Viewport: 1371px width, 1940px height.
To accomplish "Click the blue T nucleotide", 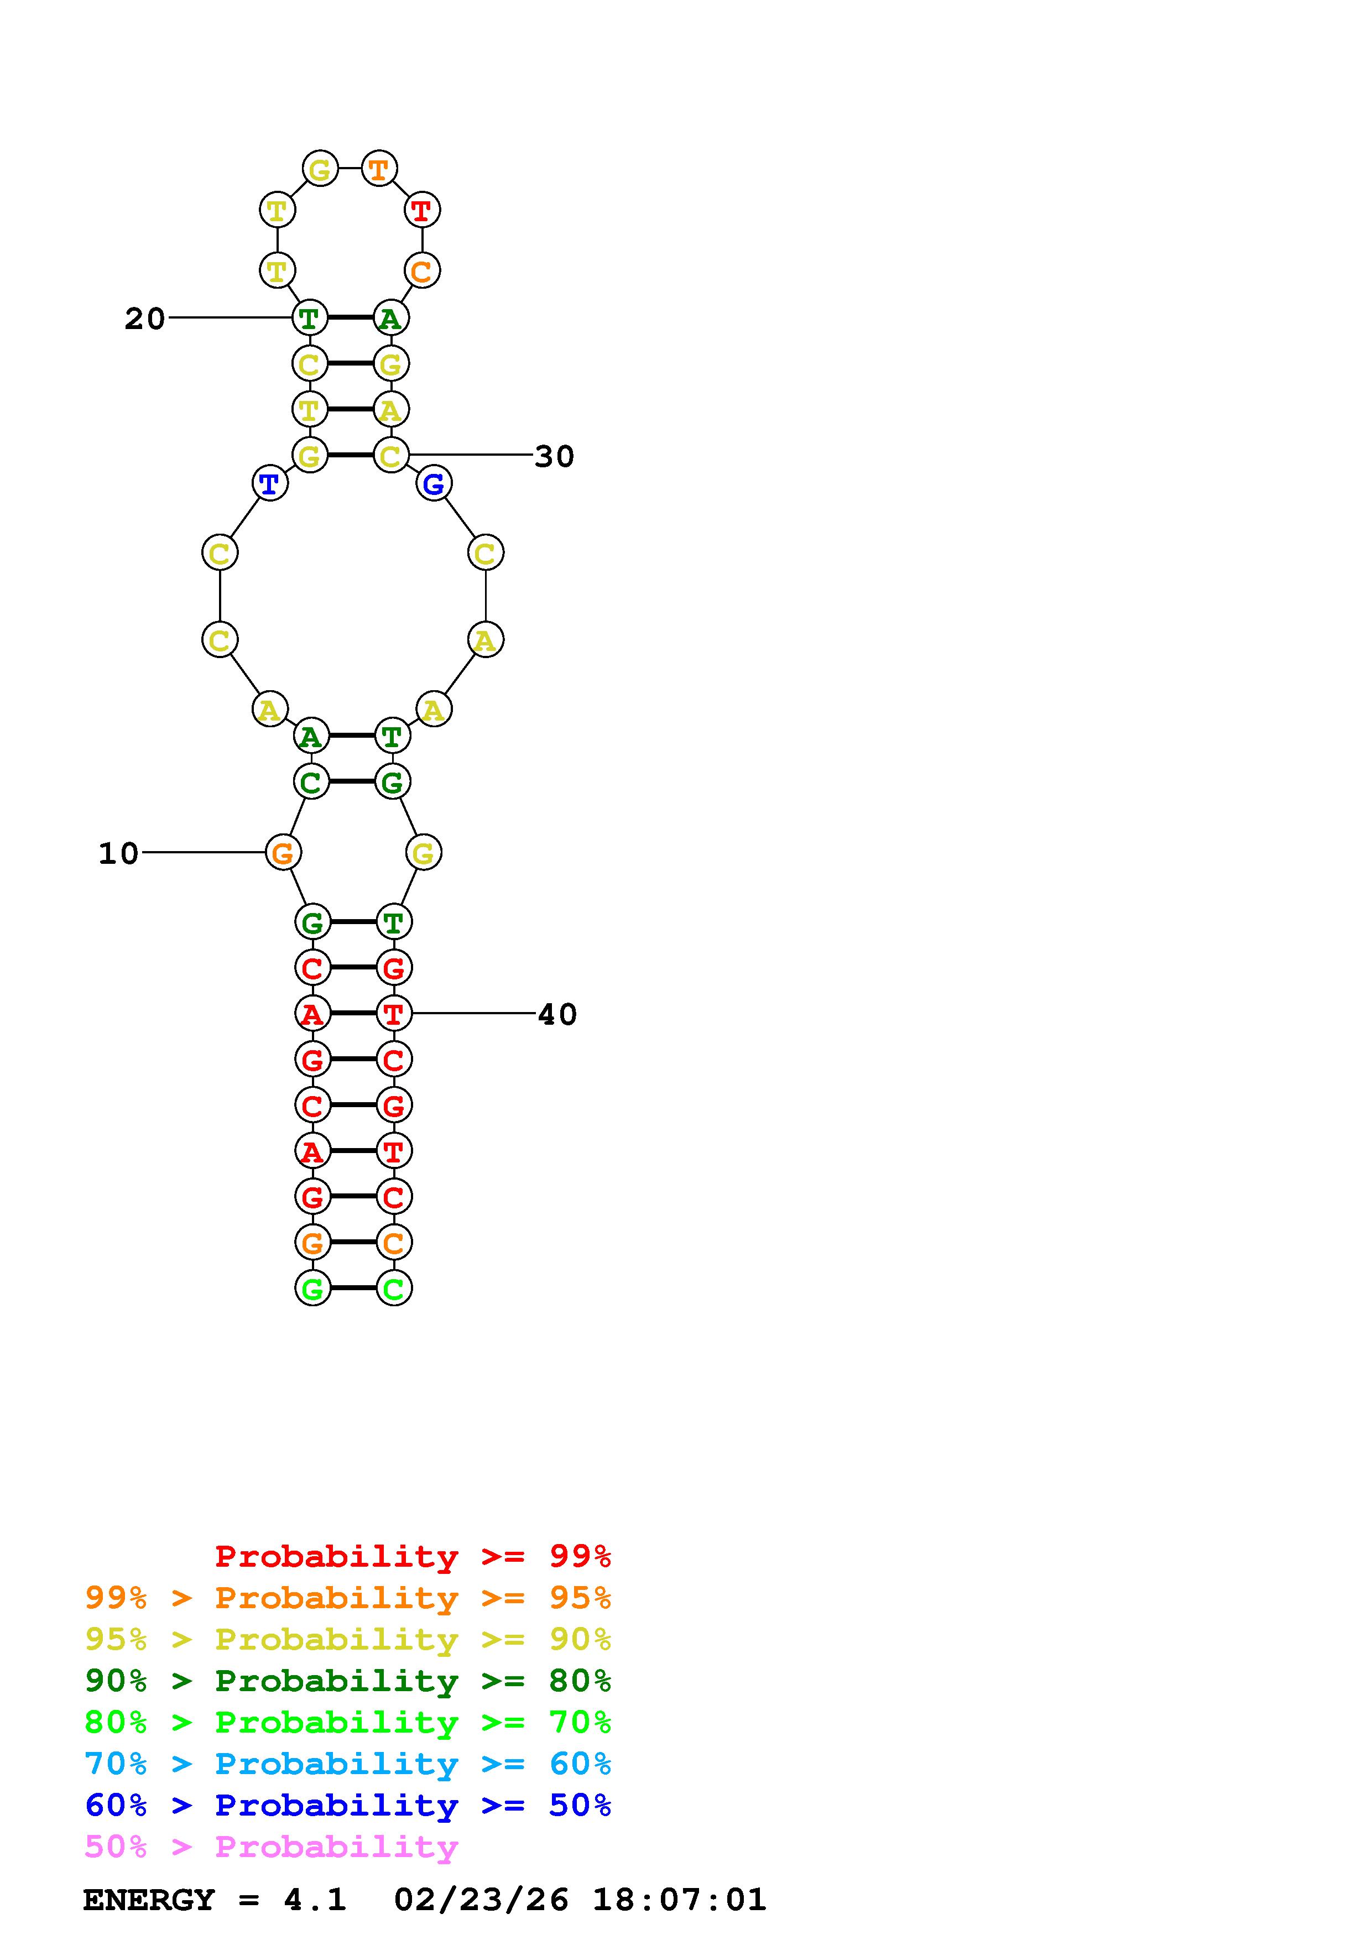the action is coord(269,484).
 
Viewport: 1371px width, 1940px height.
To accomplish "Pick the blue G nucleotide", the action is coord(434,484).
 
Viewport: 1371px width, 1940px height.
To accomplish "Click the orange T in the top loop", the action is coord(378,169).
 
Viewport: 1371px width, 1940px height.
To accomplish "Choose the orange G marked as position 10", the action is coord(283,853).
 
